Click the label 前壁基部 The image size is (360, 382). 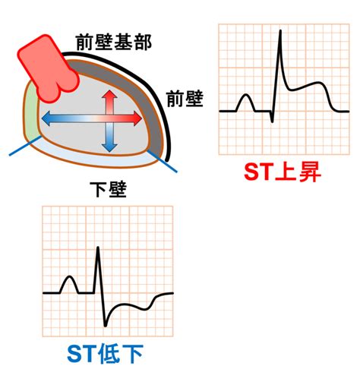(x=114, y=43)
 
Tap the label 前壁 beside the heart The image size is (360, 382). (x=185, y=99)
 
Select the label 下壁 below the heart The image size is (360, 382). (x=108, y=189)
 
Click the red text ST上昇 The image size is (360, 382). (x=283, y=172)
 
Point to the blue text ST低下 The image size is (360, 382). (x=106, y=354)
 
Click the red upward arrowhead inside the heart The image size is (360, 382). (x=109, y=95)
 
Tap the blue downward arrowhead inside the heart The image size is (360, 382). (x=109, y=147)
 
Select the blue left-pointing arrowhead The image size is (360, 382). (x=46, y=118)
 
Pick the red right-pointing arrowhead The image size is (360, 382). (x=137, y=118)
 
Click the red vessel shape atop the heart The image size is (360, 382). (x=48, y=68)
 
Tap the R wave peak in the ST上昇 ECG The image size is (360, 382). (x=280, y=31)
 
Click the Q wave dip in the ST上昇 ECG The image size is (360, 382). (x=272, y=122)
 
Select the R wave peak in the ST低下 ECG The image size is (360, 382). (x=98, y=248)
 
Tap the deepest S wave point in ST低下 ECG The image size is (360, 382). (x=105, y=325)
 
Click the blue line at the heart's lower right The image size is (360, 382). (x=162, y=161)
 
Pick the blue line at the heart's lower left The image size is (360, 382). (x=25, y=146)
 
